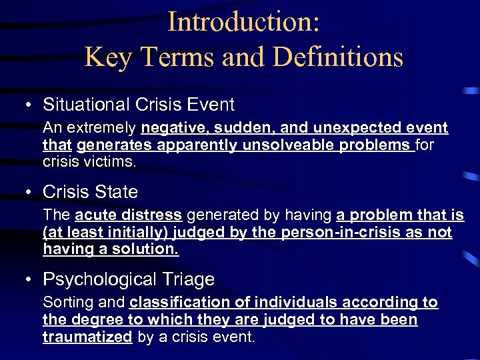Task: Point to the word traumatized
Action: [x=87, y=337]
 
